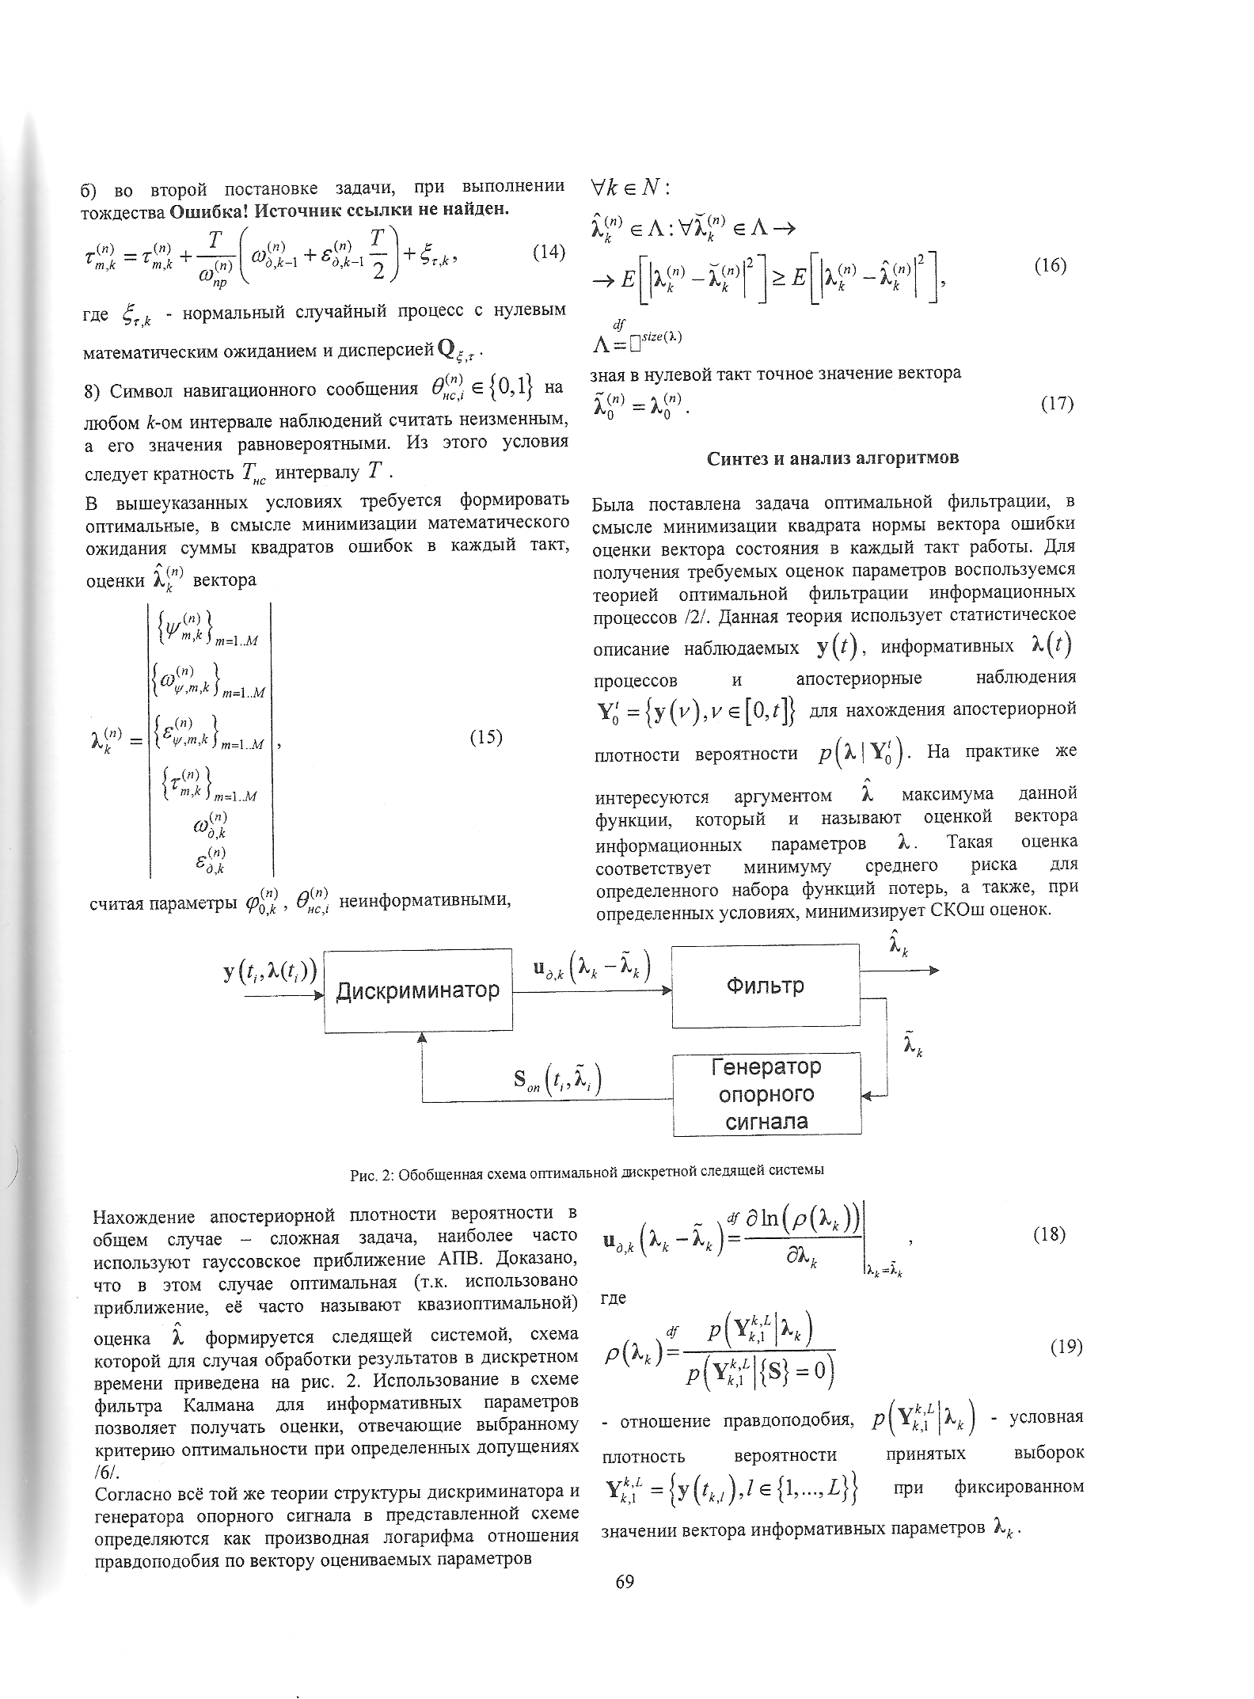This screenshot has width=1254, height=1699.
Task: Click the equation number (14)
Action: pos(548,253)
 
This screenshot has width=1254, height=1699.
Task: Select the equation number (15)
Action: pos(486,737)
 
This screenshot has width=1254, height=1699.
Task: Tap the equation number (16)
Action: pos(1051,265)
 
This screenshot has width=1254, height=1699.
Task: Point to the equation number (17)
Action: pos(1056,404)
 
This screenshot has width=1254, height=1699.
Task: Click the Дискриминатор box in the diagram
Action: pos(418,990)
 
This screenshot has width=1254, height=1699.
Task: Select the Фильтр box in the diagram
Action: pos(765,986)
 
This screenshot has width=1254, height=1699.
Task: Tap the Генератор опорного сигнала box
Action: pos(766,1094)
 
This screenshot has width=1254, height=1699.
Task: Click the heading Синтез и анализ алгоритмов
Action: pos(832,458)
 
